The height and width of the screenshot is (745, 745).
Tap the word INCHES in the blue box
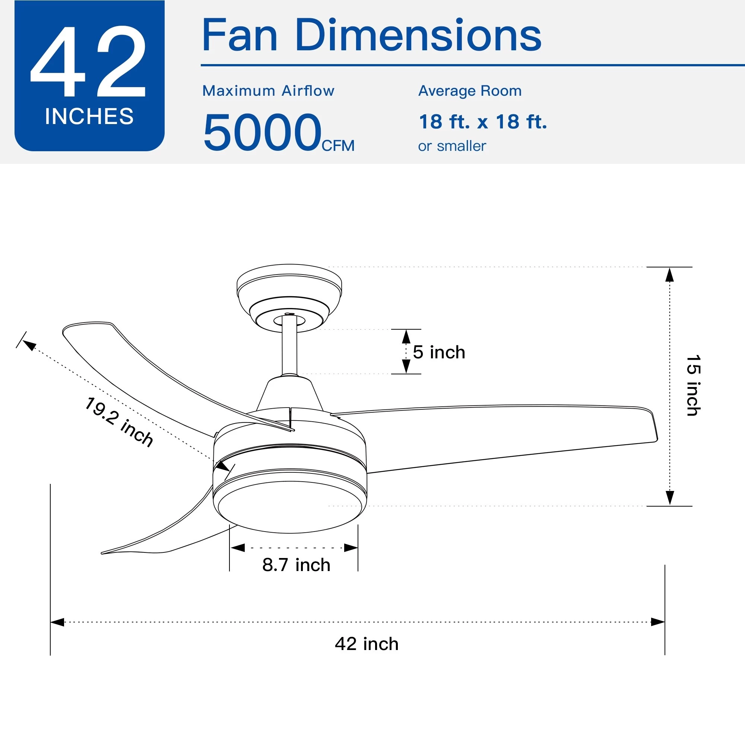click(x=89, y=116)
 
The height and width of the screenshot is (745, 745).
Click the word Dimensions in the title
click(x=418, y=35)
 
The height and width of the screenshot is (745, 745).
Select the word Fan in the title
click(x=240, y=35)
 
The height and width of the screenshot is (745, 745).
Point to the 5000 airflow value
click(x=262, y=132)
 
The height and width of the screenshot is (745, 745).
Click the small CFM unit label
click(x=338, y=146)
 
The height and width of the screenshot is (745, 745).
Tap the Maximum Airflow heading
click(x=268, y=91)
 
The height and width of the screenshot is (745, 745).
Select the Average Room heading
click(x=470, y=91)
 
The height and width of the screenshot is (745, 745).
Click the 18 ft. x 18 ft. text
click(x=482, y=122)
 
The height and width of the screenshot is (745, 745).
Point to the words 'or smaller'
click(x=451, y=146)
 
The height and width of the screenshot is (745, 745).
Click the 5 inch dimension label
click(x=439, y=352)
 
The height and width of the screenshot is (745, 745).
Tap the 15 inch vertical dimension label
click(x=693, y=385)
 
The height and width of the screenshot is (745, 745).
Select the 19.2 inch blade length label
click(x=119, y=422)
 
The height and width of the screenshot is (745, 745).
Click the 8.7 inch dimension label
click(x=296, y=565)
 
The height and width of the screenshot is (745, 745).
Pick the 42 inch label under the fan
click(x=366, y=644)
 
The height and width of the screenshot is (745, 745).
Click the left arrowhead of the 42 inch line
click(x=57, y=622)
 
